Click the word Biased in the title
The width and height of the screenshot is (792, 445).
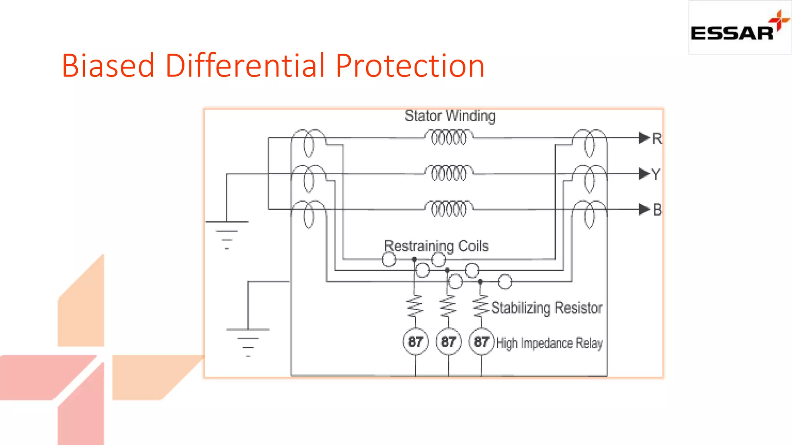(x=108, y=66)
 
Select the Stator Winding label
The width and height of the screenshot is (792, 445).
(x=450, y=116)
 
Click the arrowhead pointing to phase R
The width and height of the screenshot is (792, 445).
(x=644, y=138)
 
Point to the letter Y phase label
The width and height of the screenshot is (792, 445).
(x=656, y=174)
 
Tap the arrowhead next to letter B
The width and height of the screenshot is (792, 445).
(x=644, y=209)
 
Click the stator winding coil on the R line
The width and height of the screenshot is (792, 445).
(x=449, y=138)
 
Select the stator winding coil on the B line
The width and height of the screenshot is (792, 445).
(x=449, y=209)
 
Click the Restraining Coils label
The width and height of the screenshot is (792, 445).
(x=436, y=246)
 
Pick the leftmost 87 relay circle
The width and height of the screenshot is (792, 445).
(x=415, y=341)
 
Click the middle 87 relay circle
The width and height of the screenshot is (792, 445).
(x=448, y=341)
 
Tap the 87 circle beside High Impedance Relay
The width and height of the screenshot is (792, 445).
(x=481, y=341)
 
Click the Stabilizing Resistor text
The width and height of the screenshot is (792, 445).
(x=546, y=308)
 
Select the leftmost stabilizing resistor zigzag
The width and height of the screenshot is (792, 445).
(x=415, y=306)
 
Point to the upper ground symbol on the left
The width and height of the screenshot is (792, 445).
(x=227, y=233)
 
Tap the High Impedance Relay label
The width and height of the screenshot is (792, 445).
(x=549, y=343)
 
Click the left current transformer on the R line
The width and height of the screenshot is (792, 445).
(x=308, y=143)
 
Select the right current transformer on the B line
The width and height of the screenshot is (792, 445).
(x=589, y=214)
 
